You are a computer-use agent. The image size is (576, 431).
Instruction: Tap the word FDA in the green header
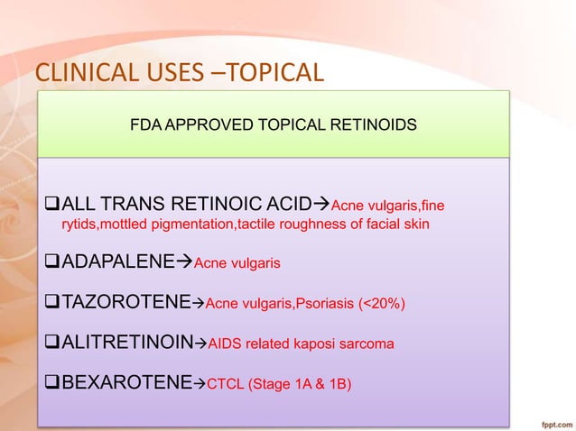[x=145, y=126]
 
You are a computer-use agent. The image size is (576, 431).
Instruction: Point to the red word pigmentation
[x=190, y=225]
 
